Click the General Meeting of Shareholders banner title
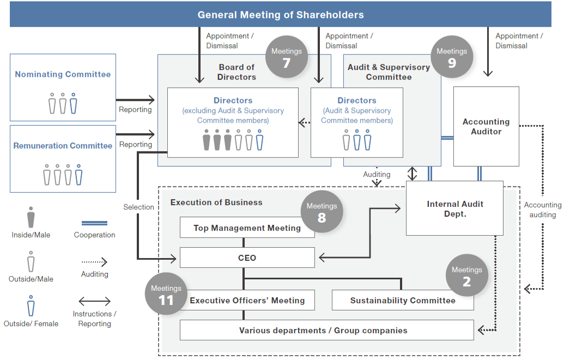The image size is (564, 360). click(x=281, y=15)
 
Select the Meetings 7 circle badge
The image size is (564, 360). click(x=287, y=57)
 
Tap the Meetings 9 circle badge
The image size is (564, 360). click(x=452, y=57)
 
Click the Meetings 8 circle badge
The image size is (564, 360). click(x=322, y=212)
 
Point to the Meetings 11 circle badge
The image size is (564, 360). click(x=166, y=294)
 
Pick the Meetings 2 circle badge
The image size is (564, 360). click(x=466, y=276)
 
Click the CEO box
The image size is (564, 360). click(x=247, y=258)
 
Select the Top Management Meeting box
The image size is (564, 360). click(x=247, y=228)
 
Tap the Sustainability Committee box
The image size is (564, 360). click(x=403, y=300)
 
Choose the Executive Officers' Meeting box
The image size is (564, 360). click(x=247, y=300)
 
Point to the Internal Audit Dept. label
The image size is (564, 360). click(x=455, y=209)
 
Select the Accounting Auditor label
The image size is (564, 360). click(x=486, y=126)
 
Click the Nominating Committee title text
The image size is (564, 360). click(x=63, y=75)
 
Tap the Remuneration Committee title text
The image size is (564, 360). click(x=63, y=146)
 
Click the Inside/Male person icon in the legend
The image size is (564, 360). click(x=31, y=217)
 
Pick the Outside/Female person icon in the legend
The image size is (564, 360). click(x=31, y=306)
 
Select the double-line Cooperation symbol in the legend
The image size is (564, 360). click(x=94, y=223)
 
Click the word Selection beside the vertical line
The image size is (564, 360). click(x=138, y=207)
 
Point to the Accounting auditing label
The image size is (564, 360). click(x=542, y=210)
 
